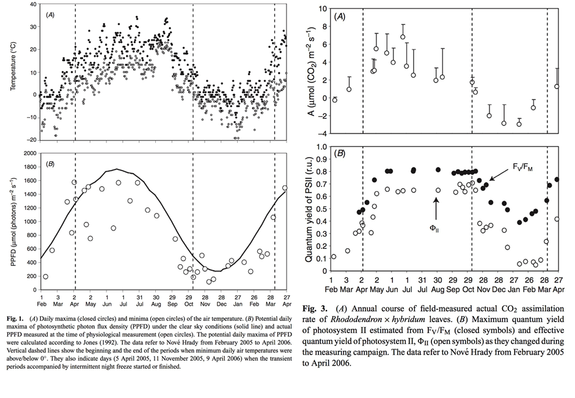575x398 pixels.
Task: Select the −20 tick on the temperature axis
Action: (x=29, y=140)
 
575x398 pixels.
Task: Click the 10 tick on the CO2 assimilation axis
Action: (x=323, y=9)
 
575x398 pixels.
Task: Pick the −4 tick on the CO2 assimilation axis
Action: (x=322, y=133)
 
